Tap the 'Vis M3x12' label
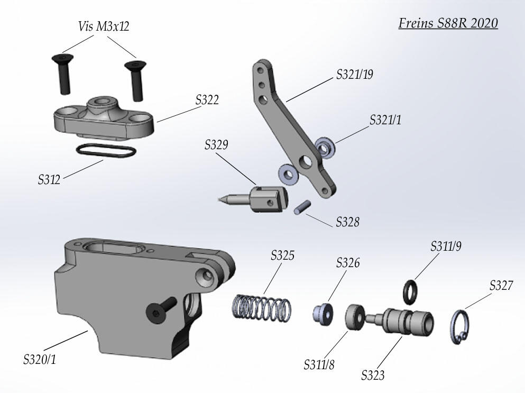click(103, 26)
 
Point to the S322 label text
click(207, 100)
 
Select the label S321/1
click(385, 120)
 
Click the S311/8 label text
click(319, 364)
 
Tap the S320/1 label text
click(40, 360)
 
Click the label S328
click(347, 222)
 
